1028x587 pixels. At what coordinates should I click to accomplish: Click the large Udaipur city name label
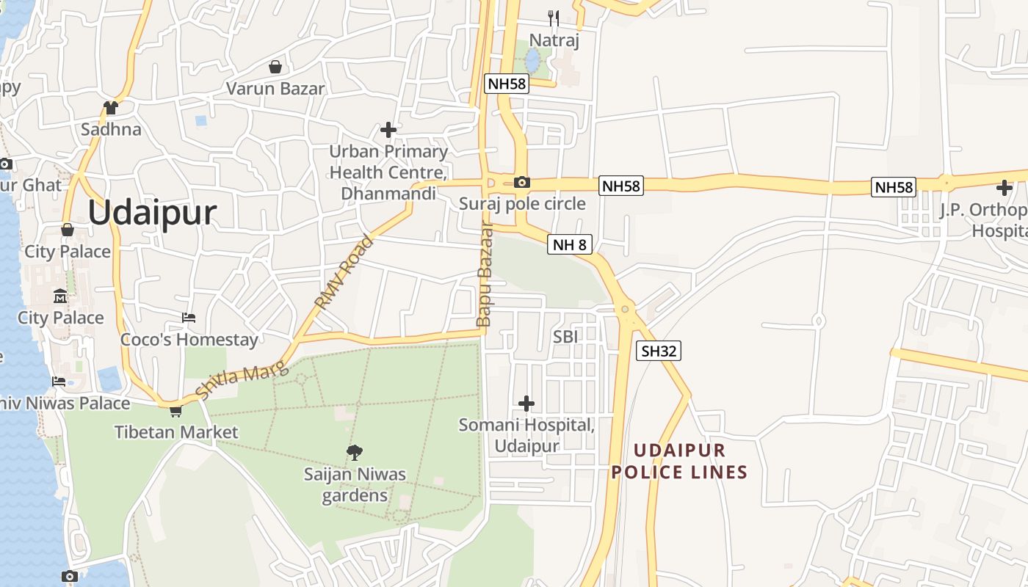coord(152,213)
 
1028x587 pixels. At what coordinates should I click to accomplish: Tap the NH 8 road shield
coord(569,244)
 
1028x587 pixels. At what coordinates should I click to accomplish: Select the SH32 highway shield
coord(658,351)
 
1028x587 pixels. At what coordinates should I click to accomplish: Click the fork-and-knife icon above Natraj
coord(554,18)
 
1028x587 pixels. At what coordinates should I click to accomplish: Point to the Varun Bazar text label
coord(275,89)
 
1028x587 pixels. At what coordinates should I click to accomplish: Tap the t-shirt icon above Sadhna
coord(111,108)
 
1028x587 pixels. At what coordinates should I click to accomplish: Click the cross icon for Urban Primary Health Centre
coord(388,130)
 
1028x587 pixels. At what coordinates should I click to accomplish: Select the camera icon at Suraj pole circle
coord(521,182)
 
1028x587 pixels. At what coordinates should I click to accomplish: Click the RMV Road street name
coord(344,272)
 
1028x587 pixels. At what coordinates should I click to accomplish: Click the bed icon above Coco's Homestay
coord(189,318)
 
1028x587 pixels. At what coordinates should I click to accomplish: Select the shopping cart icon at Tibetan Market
coord(175,411)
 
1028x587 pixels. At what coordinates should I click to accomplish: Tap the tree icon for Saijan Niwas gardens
coord(355,452)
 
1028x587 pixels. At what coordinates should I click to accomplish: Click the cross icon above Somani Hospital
coord(526,403)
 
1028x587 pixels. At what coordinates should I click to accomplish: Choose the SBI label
coord(565,337)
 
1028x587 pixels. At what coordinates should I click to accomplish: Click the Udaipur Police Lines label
coord(679,461)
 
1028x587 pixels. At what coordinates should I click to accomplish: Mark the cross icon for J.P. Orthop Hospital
coord(1004,187)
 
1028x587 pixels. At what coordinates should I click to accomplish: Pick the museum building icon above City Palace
coord(60,296)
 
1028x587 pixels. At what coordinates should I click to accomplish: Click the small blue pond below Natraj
coord(532,60)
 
